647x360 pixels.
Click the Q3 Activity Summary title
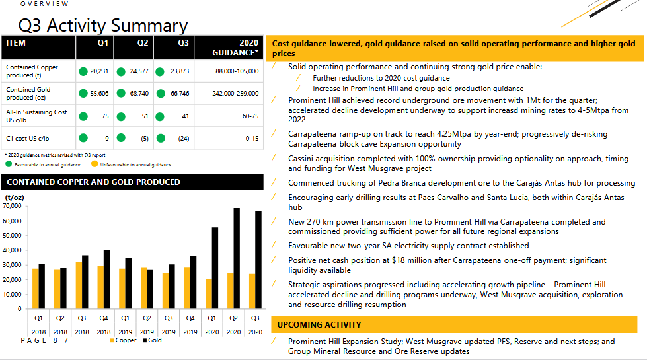[x=103, y=26]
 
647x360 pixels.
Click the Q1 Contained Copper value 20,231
[x=99, y=71]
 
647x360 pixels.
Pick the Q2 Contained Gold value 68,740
[x=139, y=94]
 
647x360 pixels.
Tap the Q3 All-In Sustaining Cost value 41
[x=185, y=116]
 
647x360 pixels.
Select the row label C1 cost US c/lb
[x=30, y=139]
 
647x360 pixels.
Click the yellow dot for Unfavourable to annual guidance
[x=95, y=164]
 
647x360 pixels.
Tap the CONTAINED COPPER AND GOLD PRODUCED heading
[x=93, y=182]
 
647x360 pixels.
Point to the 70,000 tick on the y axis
[x=14, y=206]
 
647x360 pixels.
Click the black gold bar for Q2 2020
[x=237, y=258]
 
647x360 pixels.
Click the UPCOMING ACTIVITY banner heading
[x=319, y=325]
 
